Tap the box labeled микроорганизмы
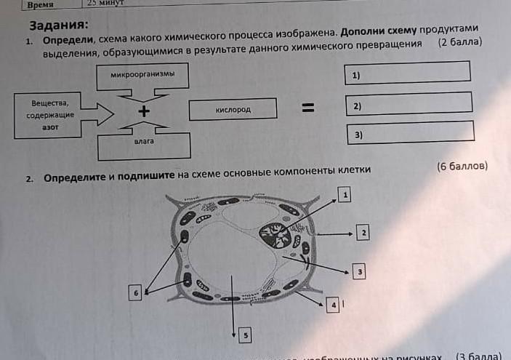click(143, 75)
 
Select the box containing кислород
click(233, 109)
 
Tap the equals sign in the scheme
click(309, 108)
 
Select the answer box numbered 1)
click(406, 73)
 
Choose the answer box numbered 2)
click(409, 105)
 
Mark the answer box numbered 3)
click(411, 134)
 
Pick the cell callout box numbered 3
click(359, 272)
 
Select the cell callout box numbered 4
click(334, 305)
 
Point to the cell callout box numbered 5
click(246, 335)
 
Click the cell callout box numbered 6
click(135, 292)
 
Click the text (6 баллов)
click(462, 167)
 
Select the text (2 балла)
click(460, 42)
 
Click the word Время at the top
click(41, 4)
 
